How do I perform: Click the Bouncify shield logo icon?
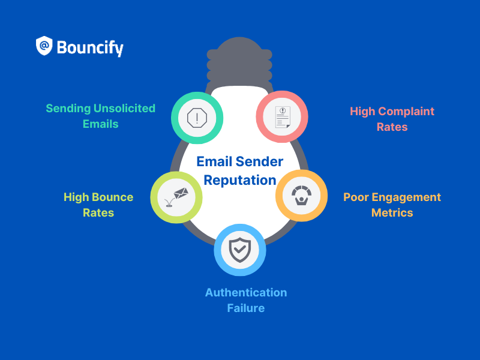(44, 46)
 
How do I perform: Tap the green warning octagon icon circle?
(197, 118)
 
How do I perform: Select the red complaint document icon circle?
(282, 116)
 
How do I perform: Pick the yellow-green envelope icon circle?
(176, 197)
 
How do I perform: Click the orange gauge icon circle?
(301, 196)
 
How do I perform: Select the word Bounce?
(114, 197)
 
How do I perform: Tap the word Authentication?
(246, 292)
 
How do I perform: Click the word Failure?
(245, 308)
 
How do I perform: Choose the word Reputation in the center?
(239, 179)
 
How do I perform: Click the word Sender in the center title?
(259, 161)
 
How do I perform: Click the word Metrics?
(392, 212)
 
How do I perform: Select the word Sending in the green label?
(68, 109)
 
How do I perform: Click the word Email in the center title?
(214, 161)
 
